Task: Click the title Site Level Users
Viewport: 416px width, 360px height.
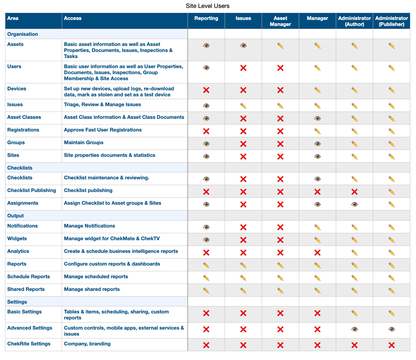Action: click(208, 6)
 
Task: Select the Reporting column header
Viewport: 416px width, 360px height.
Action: click(206, 18)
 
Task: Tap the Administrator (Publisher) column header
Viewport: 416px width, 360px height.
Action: click(392, 21)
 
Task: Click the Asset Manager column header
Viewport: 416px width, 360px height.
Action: click(280, 21)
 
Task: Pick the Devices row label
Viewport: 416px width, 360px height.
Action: click(17, 89)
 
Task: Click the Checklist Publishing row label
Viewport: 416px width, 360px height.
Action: click(32, 190)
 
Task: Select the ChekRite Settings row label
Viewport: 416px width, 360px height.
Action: click(29, 344)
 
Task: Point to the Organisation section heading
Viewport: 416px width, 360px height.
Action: click(22, 34)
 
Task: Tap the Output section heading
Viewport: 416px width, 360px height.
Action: click(16, 215)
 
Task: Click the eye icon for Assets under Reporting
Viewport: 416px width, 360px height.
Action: click(206, 46)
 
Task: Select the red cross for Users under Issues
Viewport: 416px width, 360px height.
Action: click(243, 68)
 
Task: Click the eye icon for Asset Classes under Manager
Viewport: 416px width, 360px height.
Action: click(317, 119)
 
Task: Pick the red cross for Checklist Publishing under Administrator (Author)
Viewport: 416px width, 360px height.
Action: click(355, 192)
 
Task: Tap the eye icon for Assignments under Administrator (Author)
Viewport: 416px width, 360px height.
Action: click(355, 205)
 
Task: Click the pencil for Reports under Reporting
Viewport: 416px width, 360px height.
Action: click(206, 265)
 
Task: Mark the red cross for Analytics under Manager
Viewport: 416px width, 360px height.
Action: click(317, 253)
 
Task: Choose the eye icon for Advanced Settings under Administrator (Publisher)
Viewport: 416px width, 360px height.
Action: click(392, 329)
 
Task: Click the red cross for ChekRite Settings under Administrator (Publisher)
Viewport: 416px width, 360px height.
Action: click(392, 345)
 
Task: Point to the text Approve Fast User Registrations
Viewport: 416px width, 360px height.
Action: click(103, 130)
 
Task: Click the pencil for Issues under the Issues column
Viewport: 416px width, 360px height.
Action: click(243, 106)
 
